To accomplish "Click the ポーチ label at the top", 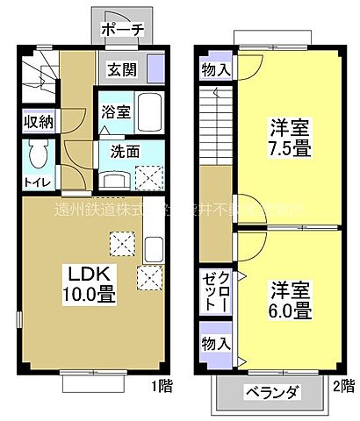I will tap(122, 29).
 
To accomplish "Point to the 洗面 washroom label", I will tap(125, 150).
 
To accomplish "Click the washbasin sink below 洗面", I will tap(114, 179).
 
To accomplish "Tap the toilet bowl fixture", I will tap(36, 155).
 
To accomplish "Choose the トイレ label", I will tap(36, 182).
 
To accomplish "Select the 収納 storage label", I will tap(36, 122).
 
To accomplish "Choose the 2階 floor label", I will tap(342, 383).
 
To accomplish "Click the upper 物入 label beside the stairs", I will tap(214, 68).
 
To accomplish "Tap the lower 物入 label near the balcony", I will tap(214, 342).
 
